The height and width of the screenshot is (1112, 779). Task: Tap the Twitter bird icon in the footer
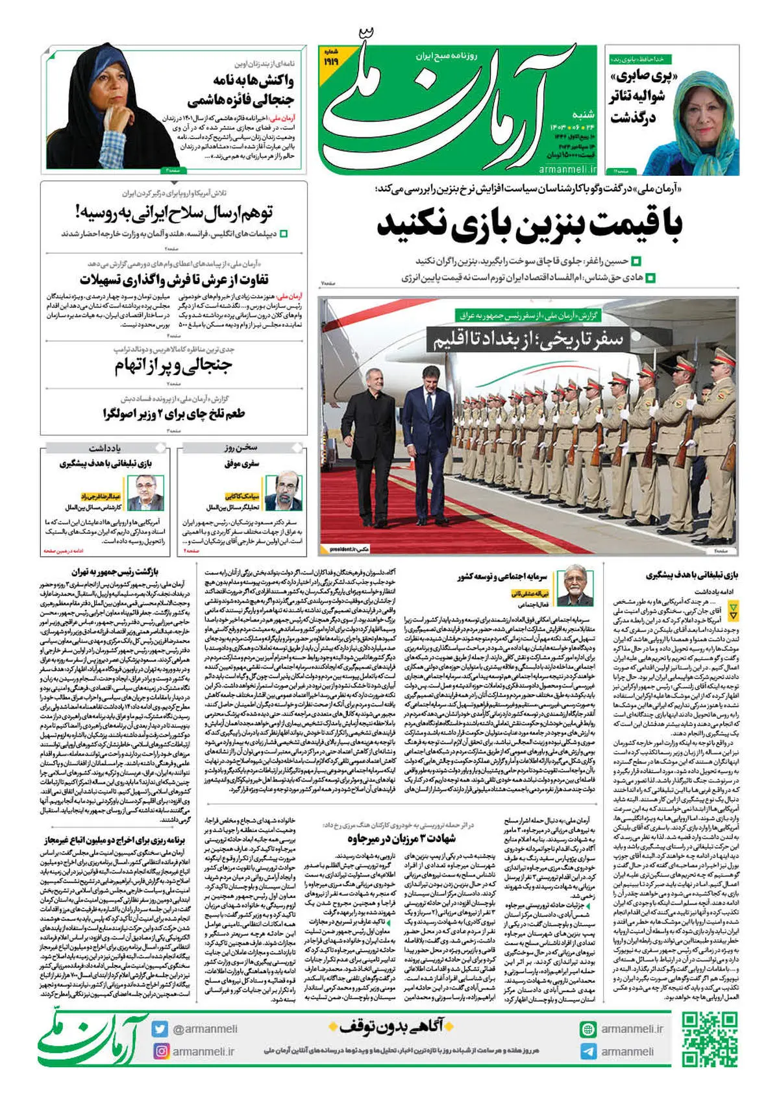click(160, 1029)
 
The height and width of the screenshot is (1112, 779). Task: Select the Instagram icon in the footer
click(160, 1051)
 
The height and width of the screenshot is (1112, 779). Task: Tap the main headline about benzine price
click(529, 225)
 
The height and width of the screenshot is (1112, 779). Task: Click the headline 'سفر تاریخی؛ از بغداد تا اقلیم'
click(525, 339)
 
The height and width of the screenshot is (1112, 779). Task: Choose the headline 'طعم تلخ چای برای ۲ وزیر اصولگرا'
click(173, 413)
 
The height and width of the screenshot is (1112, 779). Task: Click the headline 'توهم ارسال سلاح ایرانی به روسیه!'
click(173, 212)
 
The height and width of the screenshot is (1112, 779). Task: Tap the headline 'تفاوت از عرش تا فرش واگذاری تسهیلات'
click(173, 280)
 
